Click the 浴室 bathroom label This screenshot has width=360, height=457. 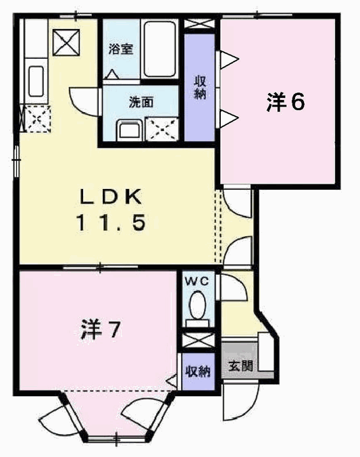(x=121, y=49)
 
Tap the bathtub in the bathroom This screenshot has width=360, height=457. (x=159, y=49)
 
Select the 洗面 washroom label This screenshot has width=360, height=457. (x=141, y=102)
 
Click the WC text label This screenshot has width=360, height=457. (x=197, y=281)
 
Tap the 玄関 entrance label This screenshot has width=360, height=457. (x=240, y=365)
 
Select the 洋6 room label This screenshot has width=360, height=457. (x=285, y=102)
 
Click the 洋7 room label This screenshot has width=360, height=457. (x=100, y=330)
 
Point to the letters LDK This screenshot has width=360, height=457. (x=111, y=196)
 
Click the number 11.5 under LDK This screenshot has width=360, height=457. (x=111, y=222)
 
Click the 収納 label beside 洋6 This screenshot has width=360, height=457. (x=200, y=87)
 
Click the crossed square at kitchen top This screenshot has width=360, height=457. (x=66, y=43)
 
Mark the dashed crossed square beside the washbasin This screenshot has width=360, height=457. (x=162, y=129)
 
